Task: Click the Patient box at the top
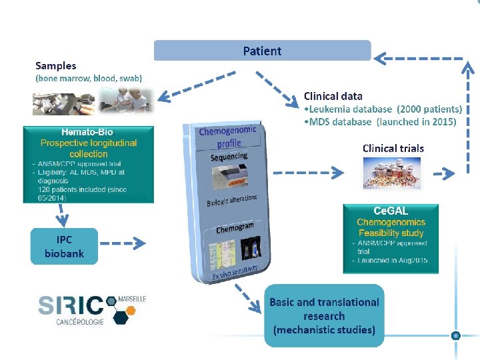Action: [x=262, y=51]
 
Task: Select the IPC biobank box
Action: [x=64, y=246]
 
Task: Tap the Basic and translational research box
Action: [x=324, y=315]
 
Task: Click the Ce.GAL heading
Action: [x=390, y=210]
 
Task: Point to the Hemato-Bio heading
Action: [x=87, y=132]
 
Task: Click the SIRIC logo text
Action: [x=72, y=305]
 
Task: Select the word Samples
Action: [x=56, y=65]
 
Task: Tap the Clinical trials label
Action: [x=393, y=148]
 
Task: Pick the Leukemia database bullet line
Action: [x=383, y=109]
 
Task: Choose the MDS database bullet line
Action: [x=380, y=121]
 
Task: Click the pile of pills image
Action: [x=392, y=174]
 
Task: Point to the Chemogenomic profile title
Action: [x=227, y=137]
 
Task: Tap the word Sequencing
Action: [x=229, y=157]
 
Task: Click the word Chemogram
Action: [x=235, y=228]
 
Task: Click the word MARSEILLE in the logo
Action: [x=131, y=298]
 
